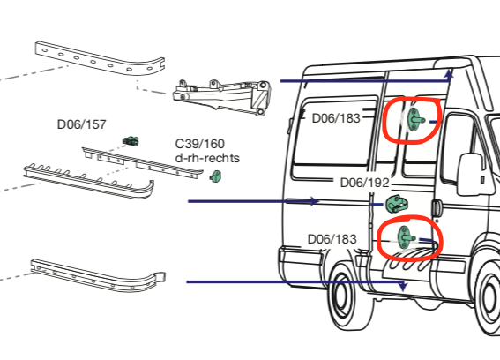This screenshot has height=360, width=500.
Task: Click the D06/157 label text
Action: coord(81,124)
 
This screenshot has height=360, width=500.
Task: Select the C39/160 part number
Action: coord(199,144)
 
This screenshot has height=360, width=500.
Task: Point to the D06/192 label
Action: coord(364,184)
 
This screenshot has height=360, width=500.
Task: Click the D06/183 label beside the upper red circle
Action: coord(336,117)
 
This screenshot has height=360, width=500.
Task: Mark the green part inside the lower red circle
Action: coord(404,236)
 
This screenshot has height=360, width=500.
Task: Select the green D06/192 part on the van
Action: coord(395,206)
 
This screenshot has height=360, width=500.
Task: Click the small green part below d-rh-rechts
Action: coord(214,178)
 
